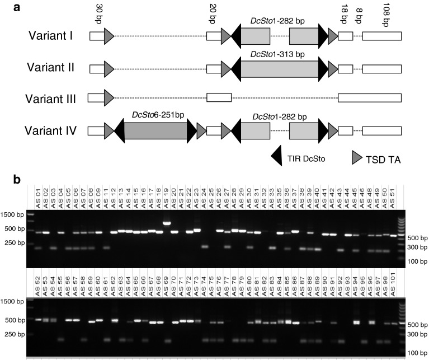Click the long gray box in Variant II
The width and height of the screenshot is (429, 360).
pos(279,68)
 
